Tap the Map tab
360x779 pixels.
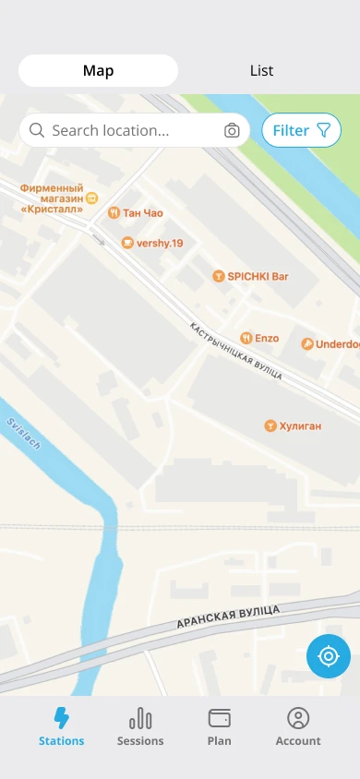[98, 71]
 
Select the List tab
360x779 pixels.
[261, 71]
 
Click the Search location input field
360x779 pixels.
[129, 130]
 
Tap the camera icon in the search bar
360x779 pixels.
[232, 130]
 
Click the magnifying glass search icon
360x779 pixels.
[37, 130]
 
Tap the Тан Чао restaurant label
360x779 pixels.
[136, 213]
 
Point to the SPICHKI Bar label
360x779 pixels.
[251, 276]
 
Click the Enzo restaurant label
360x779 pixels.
[259, 339]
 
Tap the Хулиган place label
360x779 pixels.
[293, 425]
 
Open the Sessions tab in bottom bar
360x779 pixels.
[140, 726]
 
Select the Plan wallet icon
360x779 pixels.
[220, 718]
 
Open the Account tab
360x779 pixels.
[298, 726]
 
